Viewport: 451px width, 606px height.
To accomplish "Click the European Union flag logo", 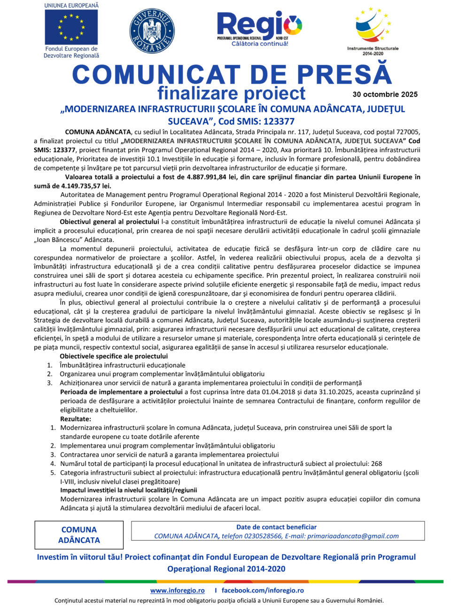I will pyautogui.click(x=71, y=27).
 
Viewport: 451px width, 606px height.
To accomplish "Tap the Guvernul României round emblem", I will pyautogui.click(x=152, y=31).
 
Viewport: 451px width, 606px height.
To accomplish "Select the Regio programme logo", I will pyautogui.click(x=259, y=28).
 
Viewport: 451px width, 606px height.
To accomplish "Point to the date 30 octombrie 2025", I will pyautogui.click(x=385, y=94).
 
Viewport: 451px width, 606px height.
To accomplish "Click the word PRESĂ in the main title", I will pyautogui.click(x=344, y=75).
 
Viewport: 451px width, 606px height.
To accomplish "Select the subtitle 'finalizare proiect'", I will pyautogui.click(x=231, y=93).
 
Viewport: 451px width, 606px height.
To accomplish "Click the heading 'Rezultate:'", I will pyautogui.click(x=76, y=419).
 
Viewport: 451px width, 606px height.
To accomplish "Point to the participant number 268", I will pyautogui.click(x=376, y=464).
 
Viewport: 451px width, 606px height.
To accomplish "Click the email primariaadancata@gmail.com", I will pyautogui.click(x=353, y=536).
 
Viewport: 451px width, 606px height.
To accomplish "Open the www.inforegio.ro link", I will pyautogui.click(x=177, y=590).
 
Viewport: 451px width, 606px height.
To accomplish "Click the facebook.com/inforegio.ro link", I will pyautogui.click(x=263, y=590).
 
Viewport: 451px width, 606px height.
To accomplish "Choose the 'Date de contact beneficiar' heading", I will pyautogui.click(x=276, y=527).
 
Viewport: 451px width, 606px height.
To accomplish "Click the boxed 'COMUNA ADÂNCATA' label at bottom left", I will pyautogui.click(x=79, y=535).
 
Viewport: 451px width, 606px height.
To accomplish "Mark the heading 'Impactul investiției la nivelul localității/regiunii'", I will pyautogui.click(x=129, y=490).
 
